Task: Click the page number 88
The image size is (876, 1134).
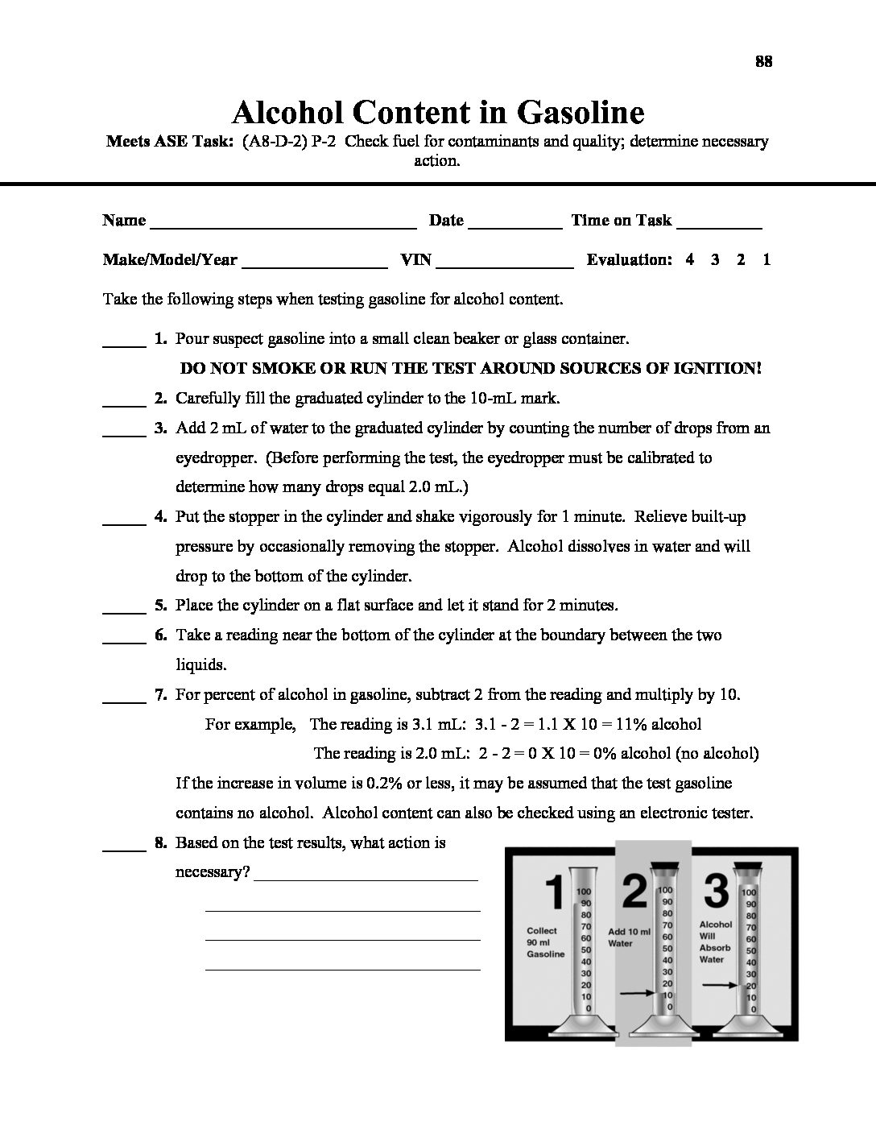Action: (x=764, y=62)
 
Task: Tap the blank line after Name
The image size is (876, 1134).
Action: (x=283, y=227)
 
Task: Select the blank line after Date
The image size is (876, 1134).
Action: (x=514, y=227)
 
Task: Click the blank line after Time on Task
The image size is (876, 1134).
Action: (x=720, y=227)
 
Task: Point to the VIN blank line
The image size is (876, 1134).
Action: (x=504, y=266)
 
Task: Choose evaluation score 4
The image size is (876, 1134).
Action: (x=690, y=259)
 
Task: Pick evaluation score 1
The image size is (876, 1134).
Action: (x=766, y=259)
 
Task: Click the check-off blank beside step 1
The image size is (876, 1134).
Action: (x=123, y=346)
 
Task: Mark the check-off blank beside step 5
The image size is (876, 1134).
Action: (x=123, y=612)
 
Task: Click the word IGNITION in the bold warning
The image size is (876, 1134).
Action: (x=719, y=368)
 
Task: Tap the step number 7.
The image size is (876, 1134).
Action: (x=160, y=694)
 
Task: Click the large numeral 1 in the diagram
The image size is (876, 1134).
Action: (x=554, y=893)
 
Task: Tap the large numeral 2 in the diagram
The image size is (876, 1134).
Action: (x=634, y=892)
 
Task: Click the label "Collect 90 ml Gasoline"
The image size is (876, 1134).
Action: (x=545, y=942)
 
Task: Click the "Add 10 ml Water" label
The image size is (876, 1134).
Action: (x=630, y=937)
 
